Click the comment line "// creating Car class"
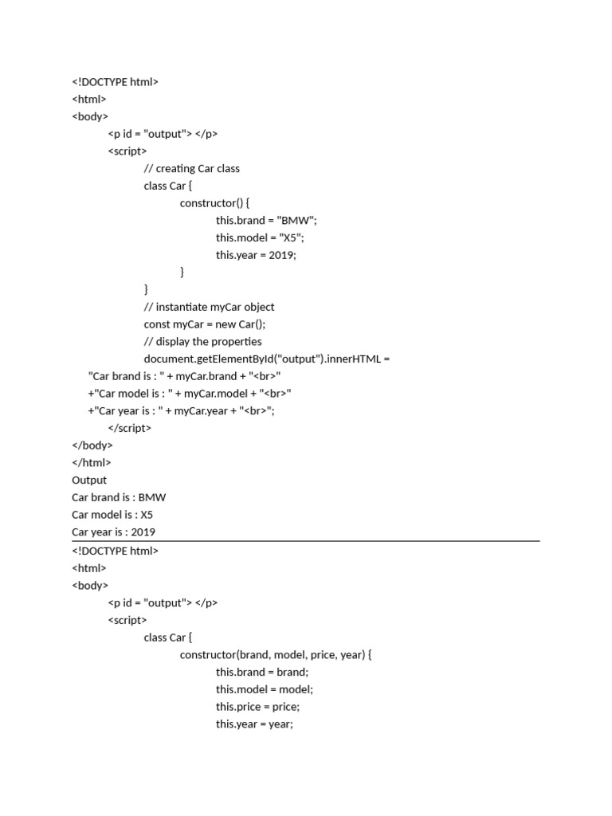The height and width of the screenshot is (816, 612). pos(191,168)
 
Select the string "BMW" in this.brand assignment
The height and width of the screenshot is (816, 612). pos(296,220)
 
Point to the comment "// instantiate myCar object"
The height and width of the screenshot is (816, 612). pos(209,307)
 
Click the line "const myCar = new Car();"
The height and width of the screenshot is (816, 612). pos(204,324)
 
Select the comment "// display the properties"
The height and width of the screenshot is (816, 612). pos(202,342)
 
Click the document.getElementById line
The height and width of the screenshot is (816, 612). pos(266,359)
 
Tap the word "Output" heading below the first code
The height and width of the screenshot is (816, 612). pos(89,480)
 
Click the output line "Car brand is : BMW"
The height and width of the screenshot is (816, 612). pos(119,497)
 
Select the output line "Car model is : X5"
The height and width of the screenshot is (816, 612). pos(112,515)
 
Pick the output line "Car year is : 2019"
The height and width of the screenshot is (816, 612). pos(114,532)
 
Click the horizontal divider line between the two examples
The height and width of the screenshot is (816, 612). pos(306,541)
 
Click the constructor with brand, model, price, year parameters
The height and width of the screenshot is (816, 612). pos(276,655)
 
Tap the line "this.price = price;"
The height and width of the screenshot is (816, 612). pos(257,707)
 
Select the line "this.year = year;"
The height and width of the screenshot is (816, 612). pos(254,724)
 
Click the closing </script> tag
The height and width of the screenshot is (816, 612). pos(129,428)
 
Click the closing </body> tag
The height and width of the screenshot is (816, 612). pos(92,445)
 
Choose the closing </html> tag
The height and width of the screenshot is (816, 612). pos(92,462)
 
